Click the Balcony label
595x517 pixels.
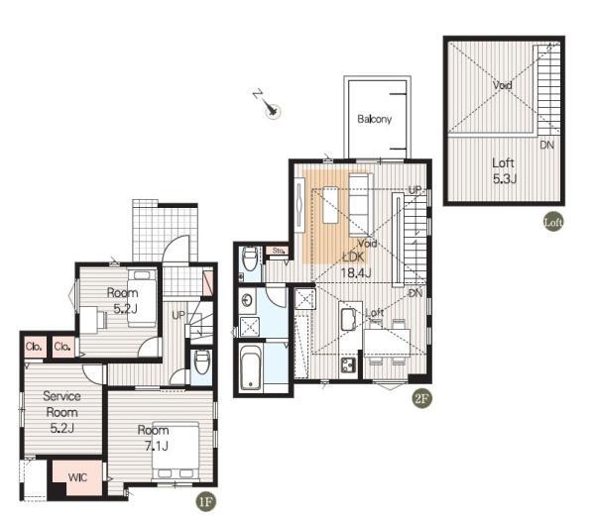(x=374, y=119)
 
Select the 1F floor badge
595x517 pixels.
(x=205, y=501)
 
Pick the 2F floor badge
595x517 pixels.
(x=422, y=398)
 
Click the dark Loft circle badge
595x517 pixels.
(x=553, y=221)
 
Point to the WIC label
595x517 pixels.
(x=77, y=477)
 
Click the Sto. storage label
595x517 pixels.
(x=278, y=251)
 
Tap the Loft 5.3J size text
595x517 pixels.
(x=505, y=178)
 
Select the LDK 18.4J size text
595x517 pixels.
(x=356, y=272)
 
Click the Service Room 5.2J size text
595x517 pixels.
(x=61, y=428)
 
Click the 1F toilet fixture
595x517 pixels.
(x=202, y=362)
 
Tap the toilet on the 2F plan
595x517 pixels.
(x=250, y=258)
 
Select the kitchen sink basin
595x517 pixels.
(x=348, y=319)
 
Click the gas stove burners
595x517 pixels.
(x=348, y=365)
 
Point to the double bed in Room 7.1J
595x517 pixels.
(x=176, y=451)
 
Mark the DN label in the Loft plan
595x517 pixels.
(x=546, y=145)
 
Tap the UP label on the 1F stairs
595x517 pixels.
(x=178, y=315)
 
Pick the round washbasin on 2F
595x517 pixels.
(x=247, y=300)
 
